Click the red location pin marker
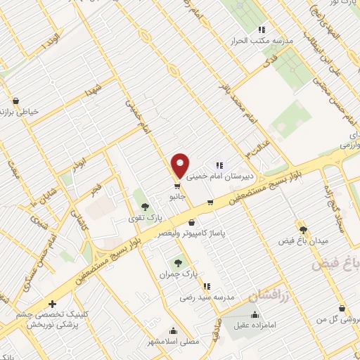(180, 165)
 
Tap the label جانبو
(176, 198)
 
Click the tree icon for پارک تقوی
(146, 207)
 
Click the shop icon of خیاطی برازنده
(15, 101)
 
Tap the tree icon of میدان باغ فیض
(303, 229)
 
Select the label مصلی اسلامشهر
(173, 342)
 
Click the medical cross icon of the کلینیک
(53, 304)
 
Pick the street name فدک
(268, 62)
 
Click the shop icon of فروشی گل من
(341, 309)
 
